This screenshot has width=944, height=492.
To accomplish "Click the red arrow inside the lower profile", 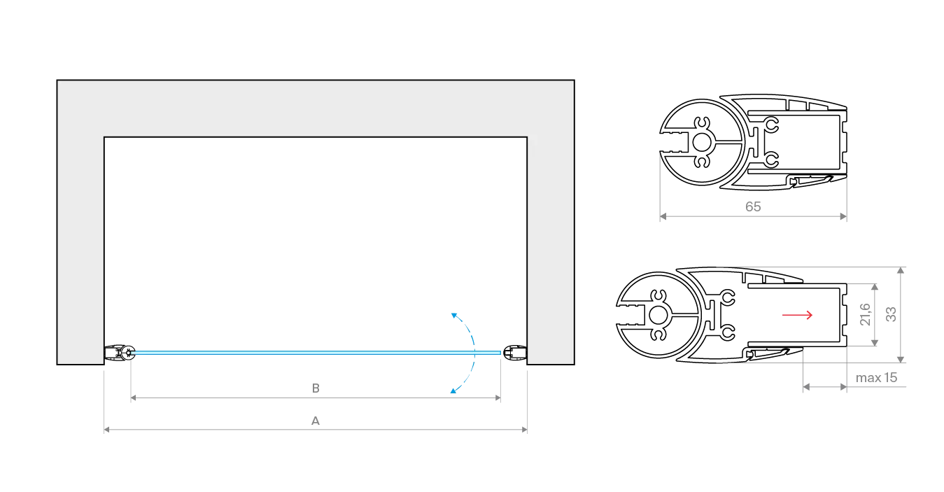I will (798, 316).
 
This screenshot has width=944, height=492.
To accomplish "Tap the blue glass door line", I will (315, 353).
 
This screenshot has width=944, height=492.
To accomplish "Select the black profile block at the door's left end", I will (119, 352).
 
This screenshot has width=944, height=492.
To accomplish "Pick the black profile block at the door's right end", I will (515, 352).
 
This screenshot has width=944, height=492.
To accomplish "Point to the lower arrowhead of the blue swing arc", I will (453, 393).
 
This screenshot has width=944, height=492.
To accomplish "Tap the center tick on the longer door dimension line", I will (314, 421).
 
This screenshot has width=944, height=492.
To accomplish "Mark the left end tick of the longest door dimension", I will (105, 429).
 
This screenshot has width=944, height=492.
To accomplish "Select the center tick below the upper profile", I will (752, 209).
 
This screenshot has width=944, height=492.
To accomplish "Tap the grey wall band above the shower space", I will (315, 108).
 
